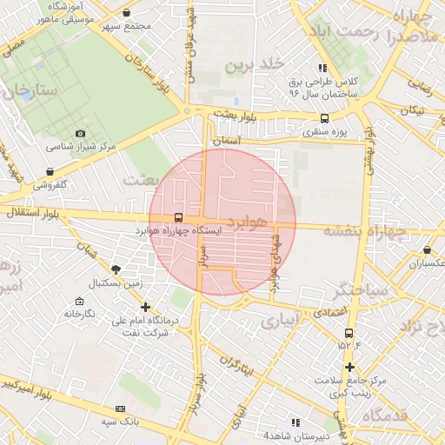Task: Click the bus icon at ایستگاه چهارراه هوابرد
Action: (178, 217)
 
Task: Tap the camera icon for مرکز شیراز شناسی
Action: (80, 133)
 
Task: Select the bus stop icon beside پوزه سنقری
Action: (324, 119)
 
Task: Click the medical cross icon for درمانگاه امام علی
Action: (145, 307)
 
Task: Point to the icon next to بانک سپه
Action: (120, 408)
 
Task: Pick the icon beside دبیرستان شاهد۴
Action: (296, 422)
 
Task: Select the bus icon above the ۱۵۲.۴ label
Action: (349, 333)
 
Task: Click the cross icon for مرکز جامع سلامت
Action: (349, 368)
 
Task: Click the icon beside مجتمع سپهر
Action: (128, 13)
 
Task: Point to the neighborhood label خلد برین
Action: (254, 65)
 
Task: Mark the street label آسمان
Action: (249, 139)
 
